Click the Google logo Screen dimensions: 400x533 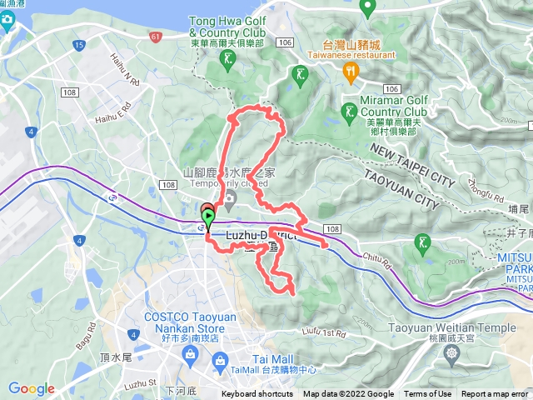(32, 388)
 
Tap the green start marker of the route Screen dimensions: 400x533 (207, 218)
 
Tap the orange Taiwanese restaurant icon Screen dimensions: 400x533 (350, 72)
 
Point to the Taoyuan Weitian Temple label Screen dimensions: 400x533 (452, 327)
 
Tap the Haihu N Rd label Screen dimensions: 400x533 (122, 69)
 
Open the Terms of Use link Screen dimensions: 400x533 (428, 394)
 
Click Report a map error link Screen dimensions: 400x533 (495, 394)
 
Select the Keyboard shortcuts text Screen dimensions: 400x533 (257, 394)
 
